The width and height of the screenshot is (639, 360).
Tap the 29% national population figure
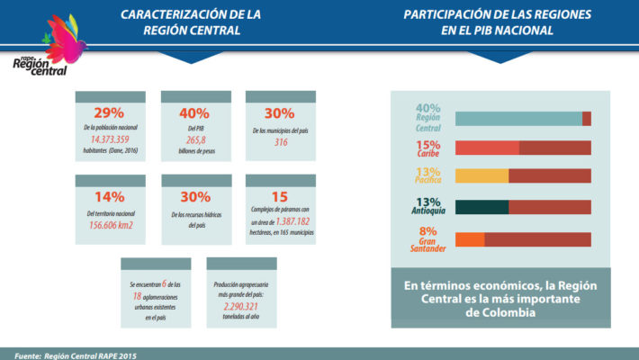[110, 114]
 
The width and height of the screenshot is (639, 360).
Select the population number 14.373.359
[110, 140]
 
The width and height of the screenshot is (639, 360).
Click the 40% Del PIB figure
[194, 114]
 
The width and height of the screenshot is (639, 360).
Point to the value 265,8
[194, 140]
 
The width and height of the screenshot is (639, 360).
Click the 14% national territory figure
[110, 197]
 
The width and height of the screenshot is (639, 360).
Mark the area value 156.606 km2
[110, 224]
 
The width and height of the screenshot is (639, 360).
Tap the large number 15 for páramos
[280, 197]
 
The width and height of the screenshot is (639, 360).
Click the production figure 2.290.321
[237, 306]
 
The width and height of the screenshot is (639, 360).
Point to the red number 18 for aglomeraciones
[138, 295]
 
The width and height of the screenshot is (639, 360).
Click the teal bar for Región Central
[518, 119]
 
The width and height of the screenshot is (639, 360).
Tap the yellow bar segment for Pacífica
[482, 176]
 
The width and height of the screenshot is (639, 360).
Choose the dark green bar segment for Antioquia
[482, 207]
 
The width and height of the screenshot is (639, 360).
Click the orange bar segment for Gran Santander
[470, 239]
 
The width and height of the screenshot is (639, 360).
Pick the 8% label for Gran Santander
[427, 231]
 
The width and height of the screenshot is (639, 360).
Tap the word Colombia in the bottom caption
[500, 312]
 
